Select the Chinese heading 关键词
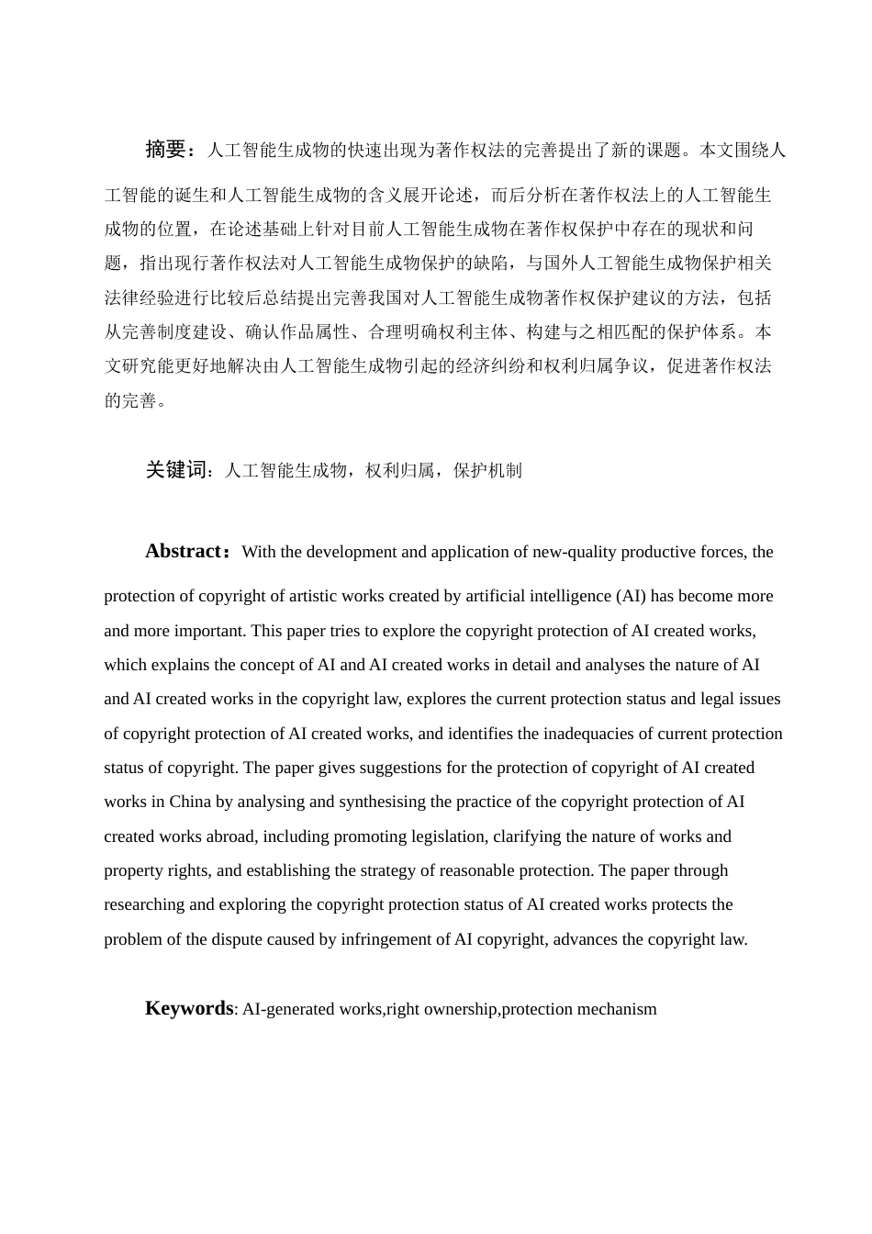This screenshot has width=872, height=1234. (x=178, y=470)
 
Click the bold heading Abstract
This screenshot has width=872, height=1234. (x=184, y=551)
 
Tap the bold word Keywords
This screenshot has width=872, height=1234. (x=189, y=1008)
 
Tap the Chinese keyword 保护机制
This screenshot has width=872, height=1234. (x=487, y=471)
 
